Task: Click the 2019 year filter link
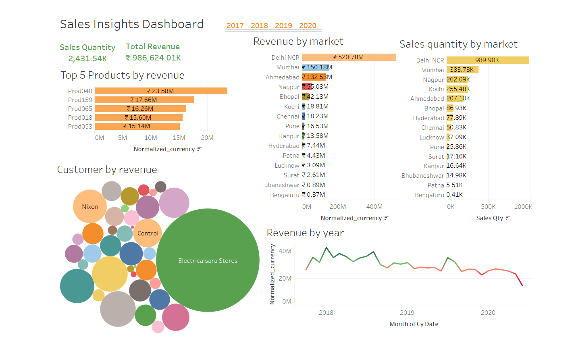click(x=283, y=26)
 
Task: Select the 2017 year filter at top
click(x=235, y=26)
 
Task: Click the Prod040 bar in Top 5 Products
click(x=161, y=91)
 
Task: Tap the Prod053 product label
click(x=80, y=127)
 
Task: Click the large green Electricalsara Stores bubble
click(x=208, y=260)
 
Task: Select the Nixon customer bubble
click(x=90, y=207)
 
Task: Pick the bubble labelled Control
click(x=148, y=233)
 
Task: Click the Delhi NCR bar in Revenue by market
click(x=349, y=57)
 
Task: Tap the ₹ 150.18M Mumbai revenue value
click(x=317, y=67)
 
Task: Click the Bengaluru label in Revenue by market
click(x=285, y=195)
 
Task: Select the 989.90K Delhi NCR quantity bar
click(x=487, y=60)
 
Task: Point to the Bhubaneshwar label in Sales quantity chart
click(x=422, y=176)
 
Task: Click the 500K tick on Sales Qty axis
click(x=488, y=207)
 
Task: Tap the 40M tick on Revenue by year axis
click(x=285, y=251)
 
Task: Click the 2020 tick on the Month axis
click(x=488, y=313)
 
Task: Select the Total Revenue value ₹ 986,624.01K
click(x=154, y=58)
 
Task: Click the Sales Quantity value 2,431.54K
click(x=87, y=59)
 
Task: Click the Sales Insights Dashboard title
click(x=132, y=25)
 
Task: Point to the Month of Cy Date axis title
click(x=414, y=324)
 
